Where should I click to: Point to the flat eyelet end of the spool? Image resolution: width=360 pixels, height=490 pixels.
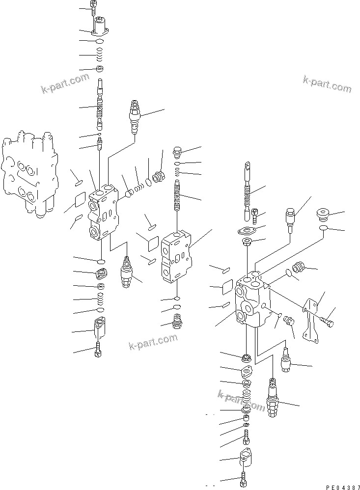[x=248, y=170]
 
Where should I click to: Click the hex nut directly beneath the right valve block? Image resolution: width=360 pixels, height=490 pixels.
[x=246, y=356]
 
